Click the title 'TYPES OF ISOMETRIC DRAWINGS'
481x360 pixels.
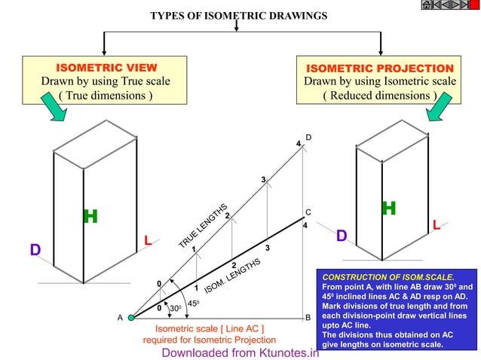(x=238, y=15)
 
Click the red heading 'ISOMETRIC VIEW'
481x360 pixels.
(x=105, y=68)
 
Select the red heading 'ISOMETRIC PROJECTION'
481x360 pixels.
(x=379, y=68)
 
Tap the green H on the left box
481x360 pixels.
(x=90, y=217)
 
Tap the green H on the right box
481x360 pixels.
(x=388, y=208)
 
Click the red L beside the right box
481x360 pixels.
(x=437, y=224)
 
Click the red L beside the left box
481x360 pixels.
(x=149, y=241)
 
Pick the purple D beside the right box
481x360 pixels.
(x=341, y=236)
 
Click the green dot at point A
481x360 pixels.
(x=131, y=318)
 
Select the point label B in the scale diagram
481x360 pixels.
(x=308, y=318)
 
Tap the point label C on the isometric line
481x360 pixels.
(x=308, y=212)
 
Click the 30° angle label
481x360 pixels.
(x=175, y=309)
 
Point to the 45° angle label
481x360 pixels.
(x=194, y=304)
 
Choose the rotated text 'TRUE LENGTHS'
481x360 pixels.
(x=203, y=226)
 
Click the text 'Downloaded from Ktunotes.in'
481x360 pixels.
(x=240, y=352)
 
